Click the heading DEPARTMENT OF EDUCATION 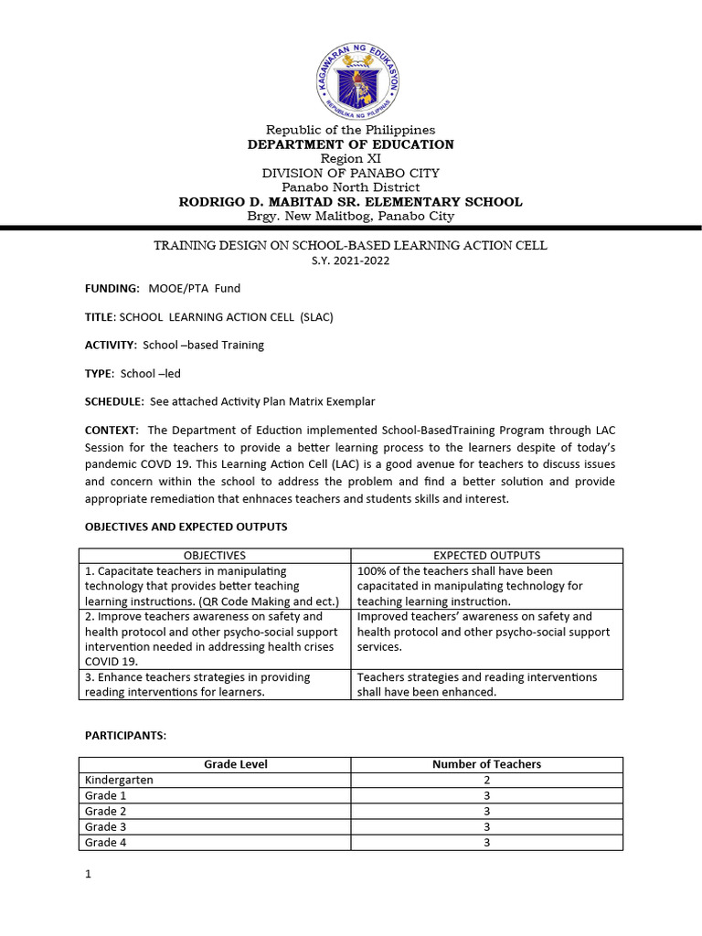(x=351, y=144)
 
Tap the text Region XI (x=351, y=158)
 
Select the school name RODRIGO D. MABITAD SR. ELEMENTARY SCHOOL (x=351, y=202)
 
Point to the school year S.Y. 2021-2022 (x=350, y=261)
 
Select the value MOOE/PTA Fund (x=195, y=288)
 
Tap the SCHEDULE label (x=114, y=401)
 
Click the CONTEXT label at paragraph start (x=112, y=430)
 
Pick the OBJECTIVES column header (x=215, y=556)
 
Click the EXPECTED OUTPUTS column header (x=486, y=556)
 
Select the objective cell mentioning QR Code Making (x=215, y=586)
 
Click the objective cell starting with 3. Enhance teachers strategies (x=215, y=685)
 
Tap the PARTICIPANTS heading (x=125, y=736)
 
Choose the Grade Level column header (x=236, y=764)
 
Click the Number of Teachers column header (x=486, y=764)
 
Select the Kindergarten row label (x=119, y=781)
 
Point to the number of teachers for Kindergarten (x=486, y=781)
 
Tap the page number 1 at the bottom (x=89, y=875)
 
